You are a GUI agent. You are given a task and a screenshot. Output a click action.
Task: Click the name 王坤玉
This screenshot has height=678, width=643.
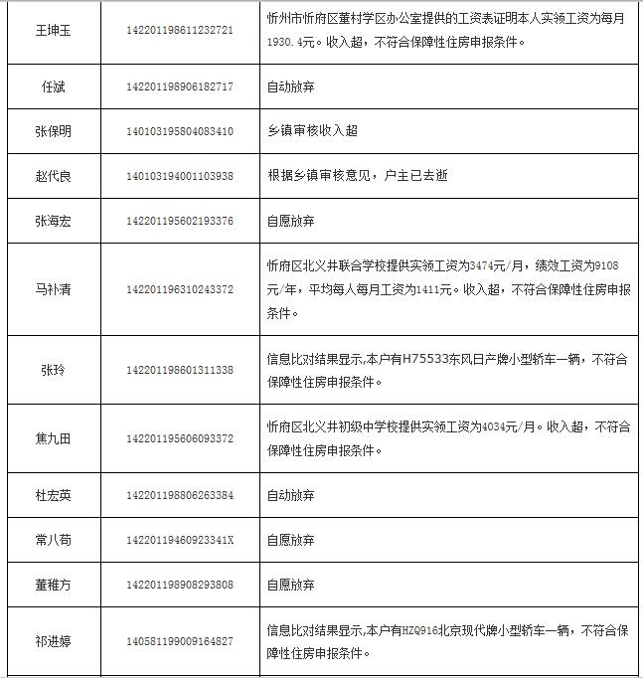tap(53, 30)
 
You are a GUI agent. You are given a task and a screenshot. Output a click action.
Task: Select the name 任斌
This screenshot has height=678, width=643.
tap(53, 86)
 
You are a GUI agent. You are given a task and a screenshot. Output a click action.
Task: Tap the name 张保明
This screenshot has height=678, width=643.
tap(53, 131)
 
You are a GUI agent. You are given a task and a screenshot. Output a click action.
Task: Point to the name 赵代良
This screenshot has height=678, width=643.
tap(53, 176)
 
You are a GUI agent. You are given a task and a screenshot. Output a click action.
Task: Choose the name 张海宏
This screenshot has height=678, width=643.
tap(53, 221)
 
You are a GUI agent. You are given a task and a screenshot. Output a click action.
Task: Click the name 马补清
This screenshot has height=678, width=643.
tap(53, 290)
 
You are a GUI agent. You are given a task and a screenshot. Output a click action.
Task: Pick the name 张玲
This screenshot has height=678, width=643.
tap(53, 370)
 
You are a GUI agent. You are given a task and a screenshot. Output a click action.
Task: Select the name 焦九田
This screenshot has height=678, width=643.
tap(53, 438)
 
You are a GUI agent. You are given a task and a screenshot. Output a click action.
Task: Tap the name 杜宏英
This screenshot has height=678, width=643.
tap(53, 495)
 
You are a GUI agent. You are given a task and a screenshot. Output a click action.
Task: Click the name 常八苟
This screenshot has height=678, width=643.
tap(53, 540)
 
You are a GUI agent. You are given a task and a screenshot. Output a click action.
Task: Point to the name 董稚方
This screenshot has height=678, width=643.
tap(53, 585)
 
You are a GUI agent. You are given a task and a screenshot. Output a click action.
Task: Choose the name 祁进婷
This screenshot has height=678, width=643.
tap(53, 641)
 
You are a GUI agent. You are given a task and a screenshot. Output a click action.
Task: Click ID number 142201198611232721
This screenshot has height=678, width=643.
tap(180, 30)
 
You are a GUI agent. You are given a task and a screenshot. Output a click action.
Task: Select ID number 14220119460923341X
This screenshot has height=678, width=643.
tap(180, 540)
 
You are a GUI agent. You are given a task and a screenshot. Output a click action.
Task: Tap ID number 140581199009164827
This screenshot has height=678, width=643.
tap(180, 641)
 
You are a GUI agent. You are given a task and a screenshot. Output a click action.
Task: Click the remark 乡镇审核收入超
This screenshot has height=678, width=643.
tap(312, 131)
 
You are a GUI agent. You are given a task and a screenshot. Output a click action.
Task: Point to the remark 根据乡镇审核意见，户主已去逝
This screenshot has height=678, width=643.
tap(358, 176)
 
